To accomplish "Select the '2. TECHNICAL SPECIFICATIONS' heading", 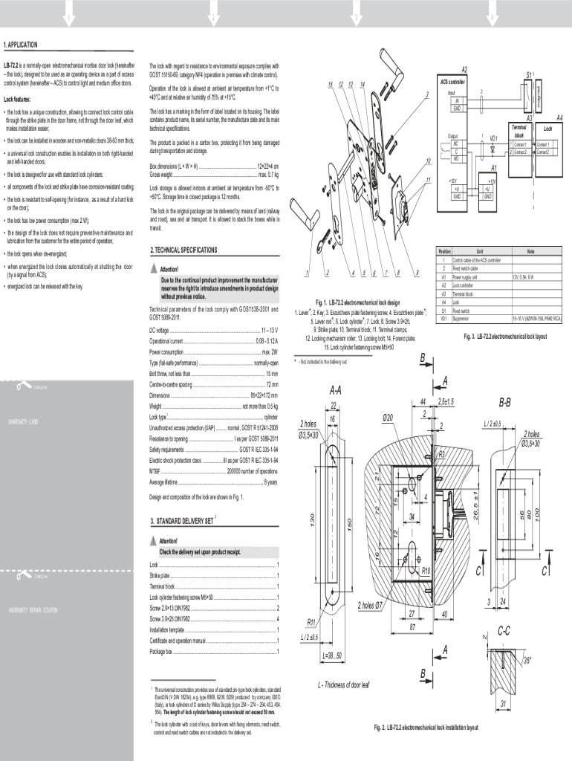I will tap(183, 250).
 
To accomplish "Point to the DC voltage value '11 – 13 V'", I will tap(267, 329).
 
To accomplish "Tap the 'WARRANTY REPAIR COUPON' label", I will tap(33, 609).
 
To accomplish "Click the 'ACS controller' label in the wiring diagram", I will tap(452, 80).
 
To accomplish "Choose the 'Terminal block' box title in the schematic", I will tap(519, 132).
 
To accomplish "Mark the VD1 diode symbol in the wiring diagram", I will tap(492, 147).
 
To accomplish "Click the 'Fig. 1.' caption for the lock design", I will tap(325, 302).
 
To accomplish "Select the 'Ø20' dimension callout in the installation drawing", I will tap(388, 418).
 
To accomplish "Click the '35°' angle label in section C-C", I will tap(526, 660).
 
